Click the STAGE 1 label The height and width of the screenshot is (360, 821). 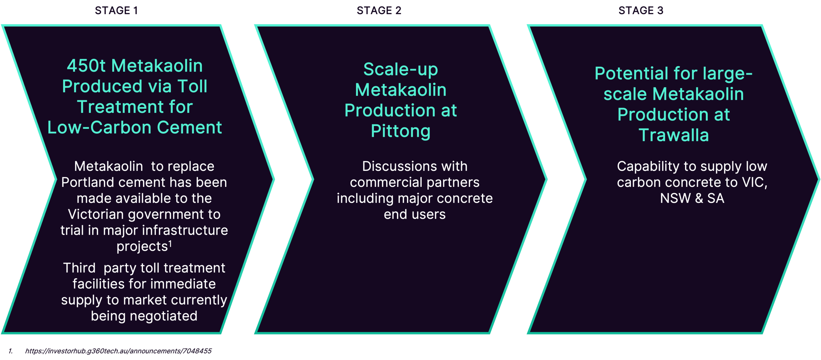pyautogui.click(x=116, y=11)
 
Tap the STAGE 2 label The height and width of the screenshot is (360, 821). pyautogui.click(x=379, y=11)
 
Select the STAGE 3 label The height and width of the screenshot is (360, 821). pyautogui.click(x=641, y=11)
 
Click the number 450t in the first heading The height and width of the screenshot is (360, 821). pyautogui.click(x=86, y=66)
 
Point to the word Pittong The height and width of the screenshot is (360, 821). pyautogui.click(x=401, y=131)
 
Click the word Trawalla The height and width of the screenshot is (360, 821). pyautogui.click(x=673, y=135)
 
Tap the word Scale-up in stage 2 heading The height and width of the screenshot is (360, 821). pyautogui.click(x=401, y=70)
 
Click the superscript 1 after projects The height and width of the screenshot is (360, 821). pyautogui.click(x=170, y=244)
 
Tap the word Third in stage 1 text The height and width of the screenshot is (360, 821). pyautogui.click(x=79, y=268)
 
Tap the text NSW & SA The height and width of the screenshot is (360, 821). pyautogui.click(x=692, y=198)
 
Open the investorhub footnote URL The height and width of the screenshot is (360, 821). pyautogui.click(x=118, y=351)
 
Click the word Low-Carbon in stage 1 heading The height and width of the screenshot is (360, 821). pyautogui.click(x=99, y=127)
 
